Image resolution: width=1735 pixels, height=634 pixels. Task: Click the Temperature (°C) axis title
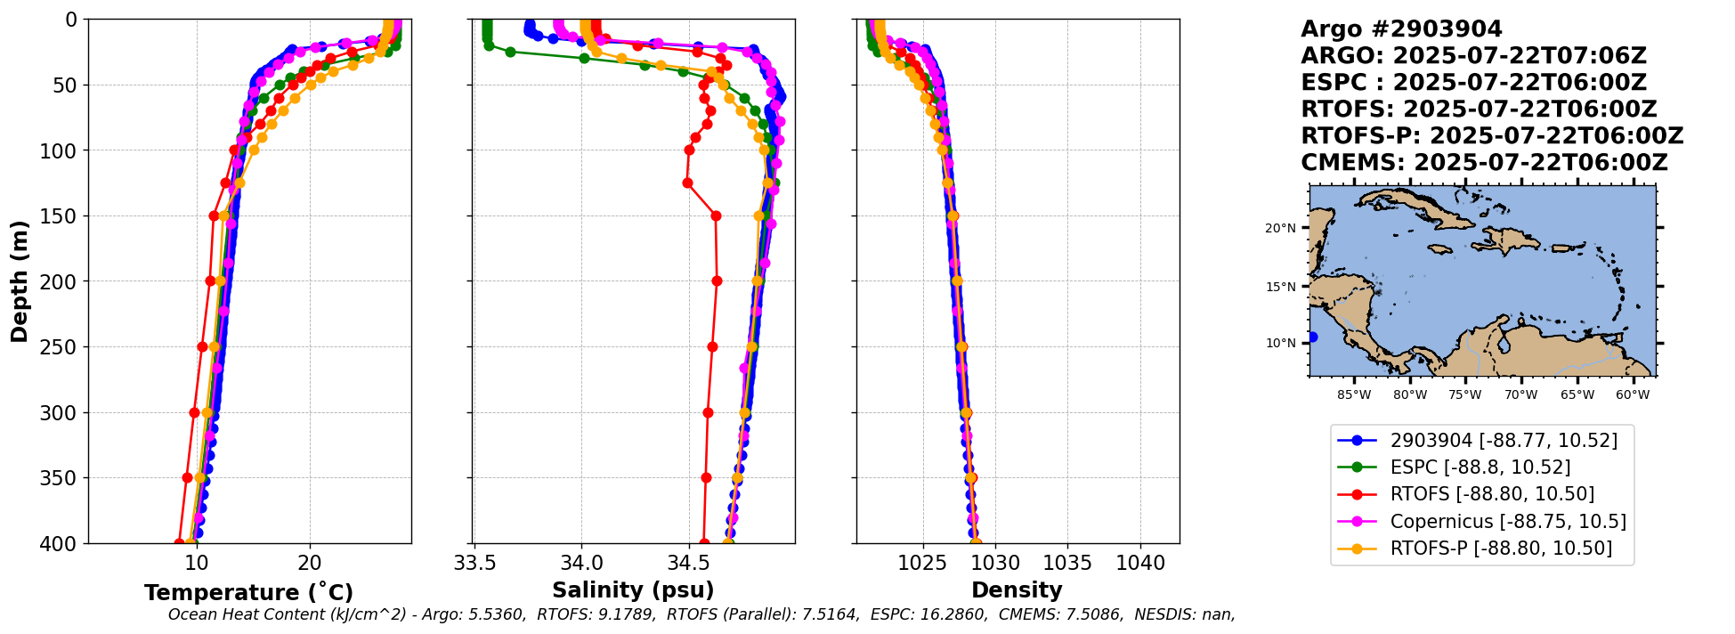pos(249,593)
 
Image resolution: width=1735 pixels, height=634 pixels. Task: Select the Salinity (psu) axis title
pos(633,590)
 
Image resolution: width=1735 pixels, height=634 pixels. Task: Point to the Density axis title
pos(1017,590)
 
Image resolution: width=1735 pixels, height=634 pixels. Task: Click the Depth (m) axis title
pos(20,281)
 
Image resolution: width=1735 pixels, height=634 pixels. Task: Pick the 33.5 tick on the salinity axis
pos(474,564)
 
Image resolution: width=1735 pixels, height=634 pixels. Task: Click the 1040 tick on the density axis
pos(1140,564)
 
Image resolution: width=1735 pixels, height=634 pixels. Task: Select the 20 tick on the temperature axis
pos(310,564)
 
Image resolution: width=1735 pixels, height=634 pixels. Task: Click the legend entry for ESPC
pos(1480,467)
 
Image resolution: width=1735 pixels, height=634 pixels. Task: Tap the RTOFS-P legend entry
pos(1500,549)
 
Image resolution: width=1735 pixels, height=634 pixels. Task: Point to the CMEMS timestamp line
pos(1484,163)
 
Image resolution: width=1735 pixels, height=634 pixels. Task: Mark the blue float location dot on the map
pos(1312,337)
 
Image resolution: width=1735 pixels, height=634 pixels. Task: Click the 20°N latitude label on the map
pos(1280,228)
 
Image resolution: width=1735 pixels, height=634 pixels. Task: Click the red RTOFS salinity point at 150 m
pos(716,215)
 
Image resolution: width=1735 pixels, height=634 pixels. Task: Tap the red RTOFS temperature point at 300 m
pos(194,412)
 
